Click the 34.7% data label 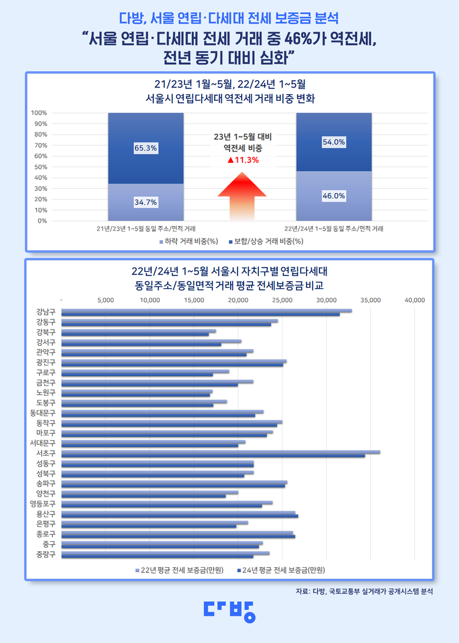pos(146,202)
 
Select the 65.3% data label pos(146,148)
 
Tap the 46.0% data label pos(334,196)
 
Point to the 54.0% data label pos(334,142)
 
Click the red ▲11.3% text pos(243,159)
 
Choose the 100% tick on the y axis pos(39,113)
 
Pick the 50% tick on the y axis pos(41,167)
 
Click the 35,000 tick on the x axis pos(371,300)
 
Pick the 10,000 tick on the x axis pos(150,300)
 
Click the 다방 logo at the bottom pos(229,611)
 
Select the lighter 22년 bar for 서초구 pos(221,452)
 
